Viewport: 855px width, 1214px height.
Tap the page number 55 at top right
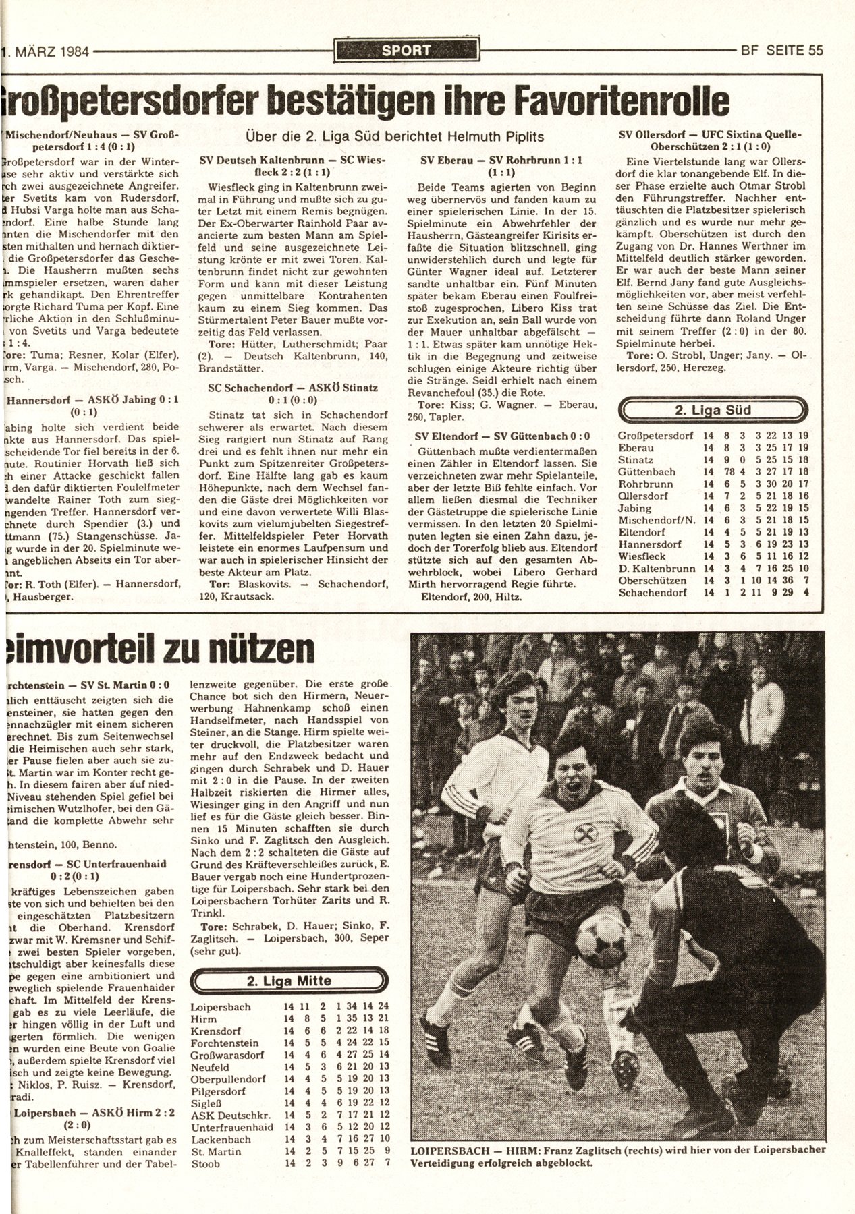[x=812, y=50]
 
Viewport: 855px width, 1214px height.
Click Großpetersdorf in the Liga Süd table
[x=655, y=436]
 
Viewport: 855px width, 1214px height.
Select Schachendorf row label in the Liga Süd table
[x=653, y=592]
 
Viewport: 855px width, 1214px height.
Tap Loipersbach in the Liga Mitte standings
[x=221, y=1007]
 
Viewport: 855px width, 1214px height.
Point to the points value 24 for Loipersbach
[x=384, y=1007]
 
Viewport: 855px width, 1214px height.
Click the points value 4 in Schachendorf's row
[x=806, y=592]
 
